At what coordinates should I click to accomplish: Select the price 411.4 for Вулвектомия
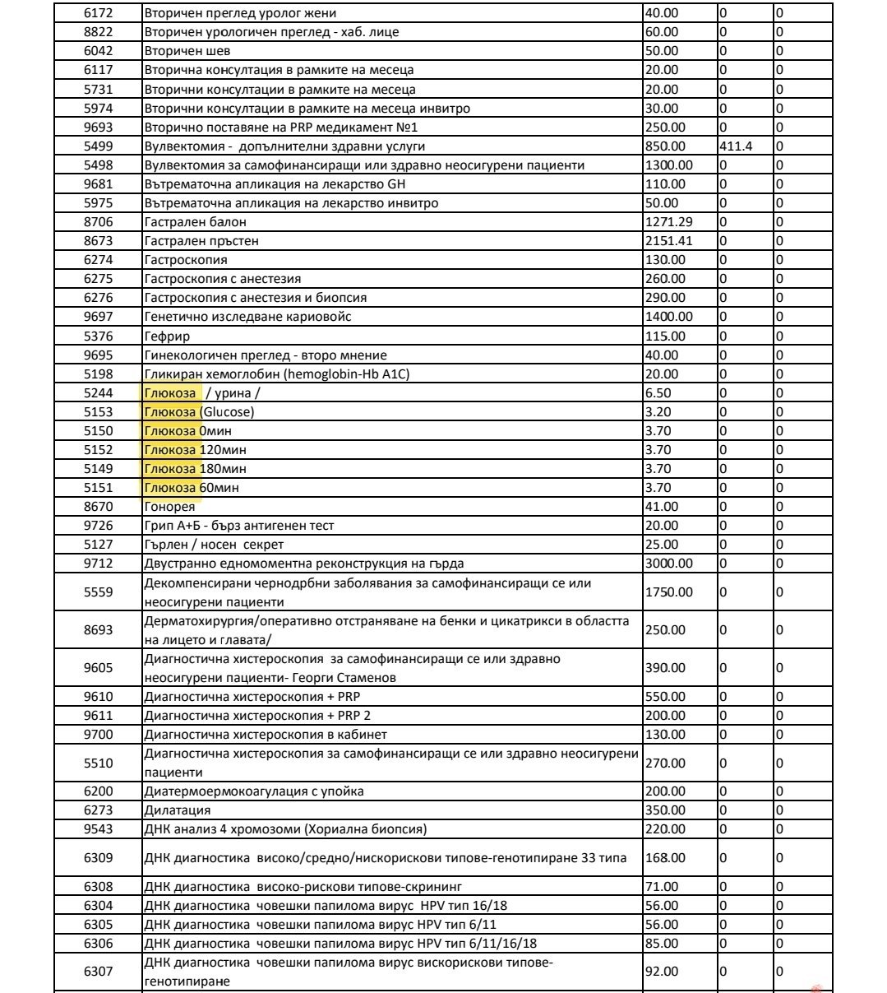[737, 146]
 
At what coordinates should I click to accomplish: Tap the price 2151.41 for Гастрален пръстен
[668, 241]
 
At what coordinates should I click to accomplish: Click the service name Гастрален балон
[195, 222]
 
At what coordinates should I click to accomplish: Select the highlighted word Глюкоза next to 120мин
[170, 450]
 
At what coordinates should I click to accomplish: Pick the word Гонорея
[169, 507]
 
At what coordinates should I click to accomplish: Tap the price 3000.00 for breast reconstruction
[668, 564]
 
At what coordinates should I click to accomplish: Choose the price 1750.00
[668, 592]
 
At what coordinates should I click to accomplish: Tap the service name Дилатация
[177, 810]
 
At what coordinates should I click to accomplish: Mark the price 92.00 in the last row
[662, 972]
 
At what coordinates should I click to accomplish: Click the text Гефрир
[167, 336]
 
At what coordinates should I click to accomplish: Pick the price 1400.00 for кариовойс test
[668, 317]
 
